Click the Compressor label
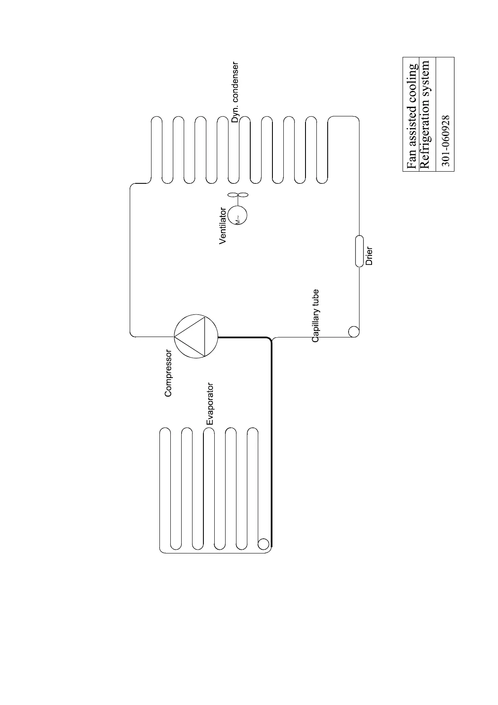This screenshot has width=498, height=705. tap(168, 373)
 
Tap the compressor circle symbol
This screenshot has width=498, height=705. tap(196, 336)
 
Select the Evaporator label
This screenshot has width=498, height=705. tap(210, 404)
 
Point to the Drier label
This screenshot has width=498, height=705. tap(369, 257)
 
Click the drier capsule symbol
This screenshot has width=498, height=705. tap(359, 251)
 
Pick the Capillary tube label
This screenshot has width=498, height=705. tap(316, 316)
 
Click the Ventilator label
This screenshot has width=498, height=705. tap(223, 226)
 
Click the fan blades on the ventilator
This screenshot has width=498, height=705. tap(238, 195)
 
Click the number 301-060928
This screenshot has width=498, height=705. tap(446, 141)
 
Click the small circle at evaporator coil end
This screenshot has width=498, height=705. tap(263, 544)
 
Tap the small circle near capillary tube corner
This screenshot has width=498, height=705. tap(353, 332)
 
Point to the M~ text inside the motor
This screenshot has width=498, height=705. tap(237, 220)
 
